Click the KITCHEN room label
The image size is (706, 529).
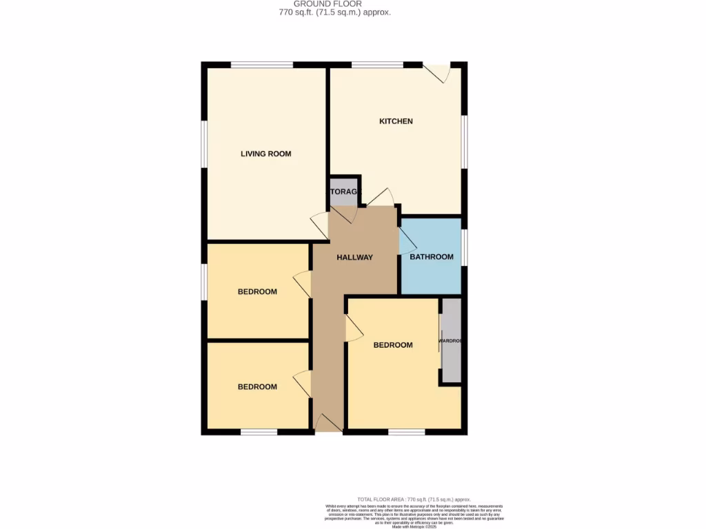click(396, 121)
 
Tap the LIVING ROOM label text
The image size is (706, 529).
click(265, 154)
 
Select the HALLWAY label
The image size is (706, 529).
click(354, 257)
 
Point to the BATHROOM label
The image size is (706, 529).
click(432, 257)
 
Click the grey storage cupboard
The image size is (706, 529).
click(343, 192)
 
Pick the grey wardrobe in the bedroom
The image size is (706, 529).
click(451, 340)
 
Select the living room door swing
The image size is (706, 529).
click(320, 226)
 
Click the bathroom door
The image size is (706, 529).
click(407, 240)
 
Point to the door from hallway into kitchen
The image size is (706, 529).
click(381, 198)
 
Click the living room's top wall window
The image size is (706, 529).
click(262, 65)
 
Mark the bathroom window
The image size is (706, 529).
click(464, 247)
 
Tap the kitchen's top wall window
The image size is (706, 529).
click(377, 65)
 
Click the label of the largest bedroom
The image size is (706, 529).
click(393, 345)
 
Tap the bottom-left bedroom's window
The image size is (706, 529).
click(259, 432)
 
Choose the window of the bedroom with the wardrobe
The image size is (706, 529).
click(406, 432)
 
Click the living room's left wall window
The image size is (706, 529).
click(204, 143)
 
